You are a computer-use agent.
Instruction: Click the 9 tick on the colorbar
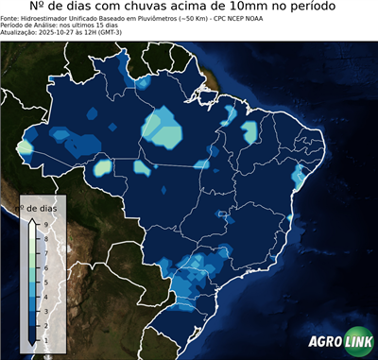[45, 223]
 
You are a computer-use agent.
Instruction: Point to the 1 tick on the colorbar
[45, 336]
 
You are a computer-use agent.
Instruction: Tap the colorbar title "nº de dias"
[41, 207]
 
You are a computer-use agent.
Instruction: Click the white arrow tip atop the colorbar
[33, 219]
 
